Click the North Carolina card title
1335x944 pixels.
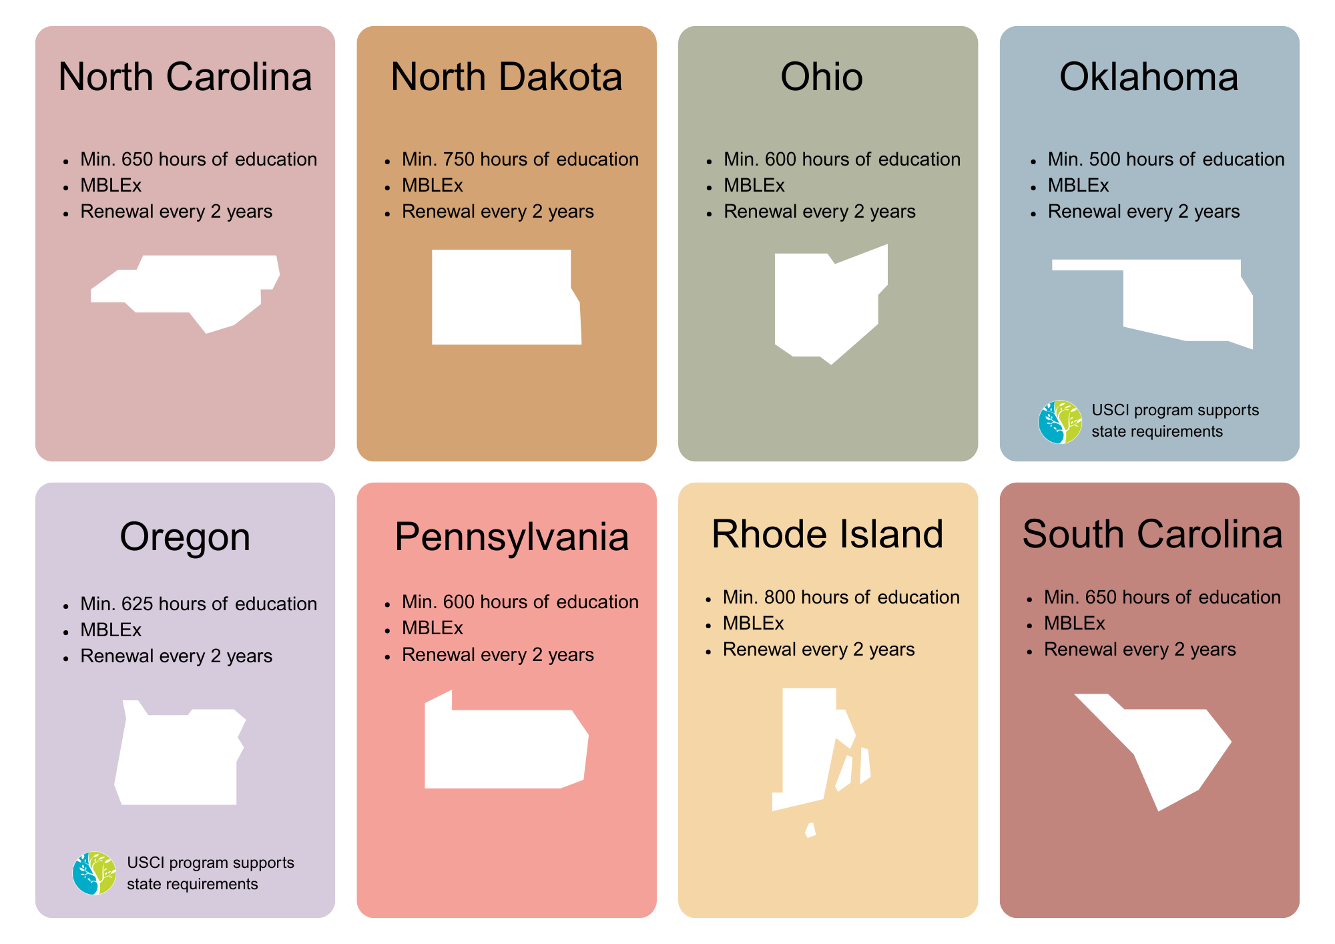[185, 77]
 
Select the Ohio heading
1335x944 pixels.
[821, 77]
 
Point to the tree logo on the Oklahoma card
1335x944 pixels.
[1060, 422]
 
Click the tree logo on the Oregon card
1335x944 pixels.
[94, 873]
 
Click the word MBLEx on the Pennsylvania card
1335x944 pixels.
[432, 628]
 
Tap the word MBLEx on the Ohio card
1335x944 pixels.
[754, 186]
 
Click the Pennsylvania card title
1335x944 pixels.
[511, 537]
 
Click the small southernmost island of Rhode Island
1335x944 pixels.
[810, 831]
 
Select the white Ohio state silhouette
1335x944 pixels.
[824, 304]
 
